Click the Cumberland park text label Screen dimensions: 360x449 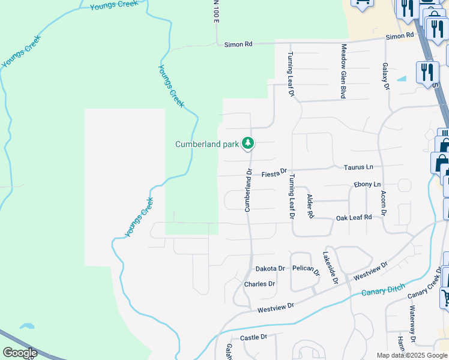click(x=206, y=144)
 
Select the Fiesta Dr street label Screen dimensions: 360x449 click(x=275, y=174)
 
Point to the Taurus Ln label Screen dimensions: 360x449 click(x=358, y=166)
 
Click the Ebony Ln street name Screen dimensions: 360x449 click(x=367, y=184)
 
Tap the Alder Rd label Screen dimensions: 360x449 click(x=310, y=206)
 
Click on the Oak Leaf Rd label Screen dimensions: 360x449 click(x=354, y=217)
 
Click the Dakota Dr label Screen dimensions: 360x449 click(x=270, y=269)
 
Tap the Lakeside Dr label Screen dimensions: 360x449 click(x=331, y=268)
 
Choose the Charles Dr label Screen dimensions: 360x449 click(x=259, y=284)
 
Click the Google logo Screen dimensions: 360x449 click(x=20, y=353)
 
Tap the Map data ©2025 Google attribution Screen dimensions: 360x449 click(x=411, y=355)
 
